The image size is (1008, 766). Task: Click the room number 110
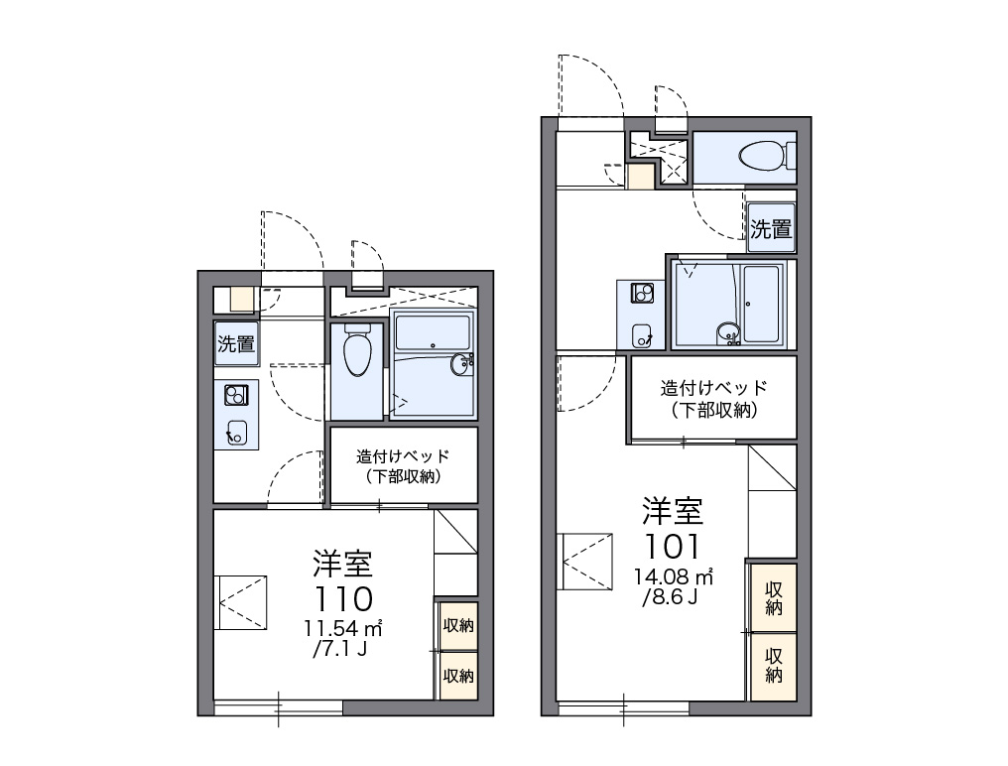click(343, 598)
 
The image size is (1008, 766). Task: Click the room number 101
click(672, 547)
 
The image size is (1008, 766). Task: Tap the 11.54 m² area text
click(343, 628)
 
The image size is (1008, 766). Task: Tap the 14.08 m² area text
click(674, 576)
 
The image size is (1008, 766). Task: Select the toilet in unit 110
click(357, 349)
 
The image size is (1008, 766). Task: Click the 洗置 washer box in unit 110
click(236, 343)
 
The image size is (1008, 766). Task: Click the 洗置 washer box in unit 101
click(771, 228)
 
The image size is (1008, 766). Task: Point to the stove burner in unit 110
click(236, 395)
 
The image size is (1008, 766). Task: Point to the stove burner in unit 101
click(642, 294)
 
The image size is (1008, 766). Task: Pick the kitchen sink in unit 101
click(642, 335)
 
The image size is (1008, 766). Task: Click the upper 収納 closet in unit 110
click(457, 625)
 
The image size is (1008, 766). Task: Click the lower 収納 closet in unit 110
click(457, 676)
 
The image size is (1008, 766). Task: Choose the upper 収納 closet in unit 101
click(773, 598)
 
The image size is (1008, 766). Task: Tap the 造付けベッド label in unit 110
click(403, 456)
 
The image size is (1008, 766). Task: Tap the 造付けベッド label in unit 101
click(713, 388)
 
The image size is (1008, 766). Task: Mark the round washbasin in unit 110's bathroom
click(461, 365)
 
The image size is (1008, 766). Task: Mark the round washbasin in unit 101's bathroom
click(728, 332)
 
